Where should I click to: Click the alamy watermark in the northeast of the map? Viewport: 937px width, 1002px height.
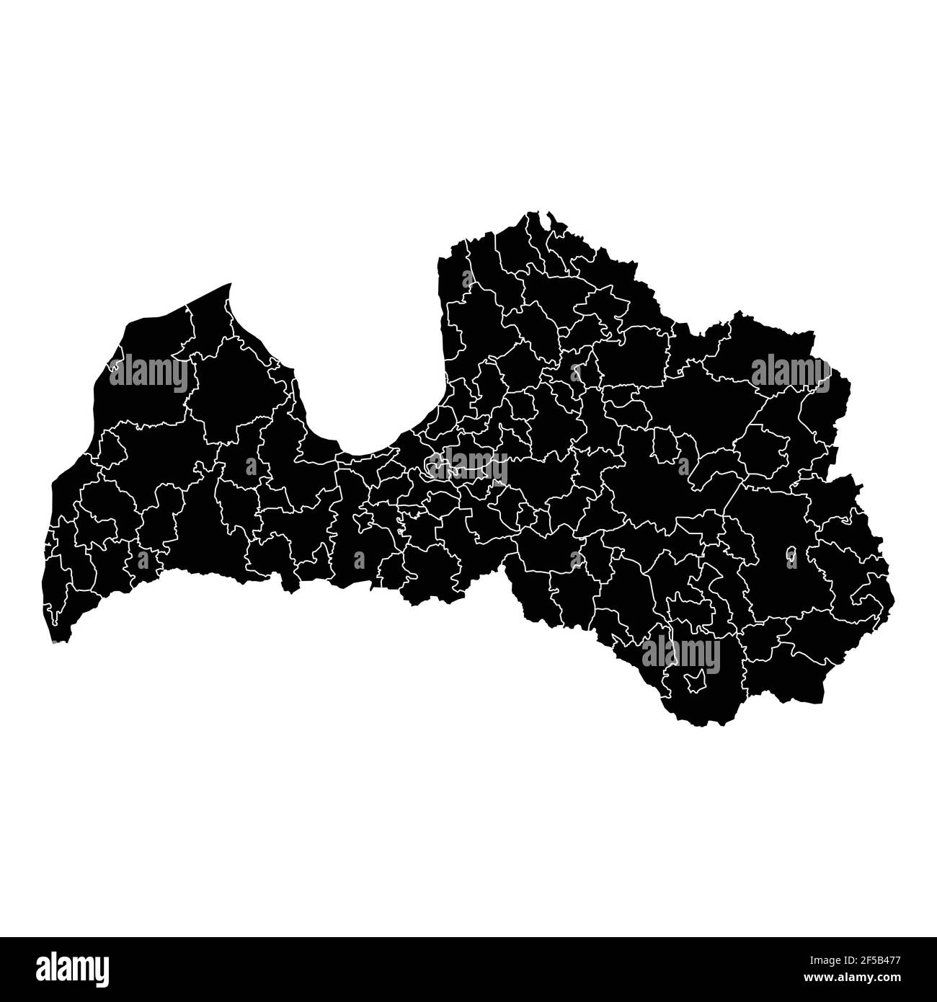coord(791,372)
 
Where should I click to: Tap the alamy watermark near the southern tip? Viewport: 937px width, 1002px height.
coord(681,654)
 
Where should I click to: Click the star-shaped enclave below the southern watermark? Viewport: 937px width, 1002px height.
coord(696,680)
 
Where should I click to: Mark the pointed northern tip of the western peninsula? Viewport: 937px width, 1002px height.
coord(231,284)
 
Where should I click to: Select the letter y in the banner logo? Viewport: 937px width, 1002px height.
coord(100,970)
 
